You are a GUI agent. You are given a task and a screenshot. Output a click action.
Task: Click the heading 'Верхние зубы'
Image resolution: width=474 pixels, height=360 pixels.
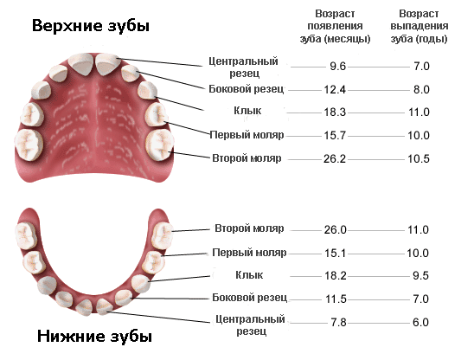(91, 26)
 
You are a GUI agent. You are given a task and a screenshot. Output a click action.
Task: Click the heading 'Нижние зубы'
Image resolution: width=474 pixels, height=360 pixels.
(94, 337)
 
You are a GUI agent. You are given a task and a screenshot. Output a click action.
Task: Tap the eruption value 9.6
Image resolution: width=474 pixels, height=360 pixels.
(337, 67)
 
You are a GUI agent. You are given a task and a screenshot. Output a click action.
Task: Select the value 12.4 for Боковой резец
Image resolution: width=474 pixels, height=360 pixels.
(335, 89)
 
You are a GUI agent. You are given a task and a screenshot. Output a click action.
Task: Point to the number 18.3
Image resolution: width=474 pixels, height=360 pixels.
(335, 112)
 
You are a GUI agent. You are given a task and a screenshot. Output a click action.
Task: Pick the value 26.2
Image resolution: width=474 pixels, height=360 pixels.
(335, 159)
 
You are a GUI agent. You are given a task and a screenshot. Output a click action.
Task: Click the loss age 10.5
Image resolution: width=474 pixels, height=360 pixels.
(419, 159)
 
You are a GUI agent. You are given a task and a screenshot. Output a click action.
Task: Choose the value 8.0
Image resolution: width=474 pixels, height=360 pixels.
(421, 89)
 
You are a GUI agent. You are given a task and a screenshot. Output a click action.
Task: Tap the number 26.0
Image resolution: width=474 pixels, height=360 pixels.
(336, 230)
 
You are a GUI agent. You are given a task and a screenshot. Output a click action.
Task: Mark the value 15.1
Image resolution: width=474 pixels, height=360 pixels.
(335, 253)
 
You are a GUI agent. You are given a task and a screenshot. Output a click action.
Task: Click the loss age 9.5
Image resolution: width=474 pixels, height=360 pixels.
(420, 275)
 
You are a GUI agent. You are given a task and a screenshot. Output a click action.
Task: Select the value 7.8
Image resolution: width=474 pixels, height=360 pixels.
(338, 323)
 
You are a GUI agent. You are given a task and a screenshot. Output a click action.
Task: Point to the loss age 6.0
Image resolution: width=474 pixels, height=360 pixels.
(420, 323)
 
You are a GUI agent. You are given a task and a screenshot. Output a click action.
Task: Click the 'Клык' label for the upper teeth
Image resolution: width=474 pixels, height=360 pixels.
(247, 111)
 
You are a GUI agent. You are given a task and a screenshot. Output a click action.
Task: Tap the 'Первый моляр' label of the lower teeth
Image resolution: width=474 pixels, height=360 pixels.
(249, 253)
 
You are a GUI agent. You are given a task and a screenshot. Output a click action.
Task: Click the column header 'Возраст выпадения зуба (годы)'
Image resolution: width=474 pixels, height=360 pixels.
(419, 26)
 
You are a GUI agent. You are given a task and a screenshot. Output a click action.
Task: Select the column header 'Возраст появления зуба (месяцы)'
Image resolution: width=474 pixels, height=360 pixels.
(335, 26)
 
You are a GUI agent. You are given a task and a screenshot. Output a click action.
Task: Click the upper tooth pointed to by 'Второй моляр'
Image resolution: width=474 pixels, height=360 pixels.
(160, 145)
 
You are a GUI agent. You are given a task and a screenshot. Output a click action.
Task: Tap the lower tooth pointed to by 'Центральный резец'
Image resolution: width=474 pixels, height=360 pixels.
(105, 306)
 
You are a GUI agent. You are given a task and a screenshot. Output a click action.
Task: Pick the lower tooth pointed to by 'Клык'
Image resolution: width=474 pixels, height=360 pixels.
(141, 284)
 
